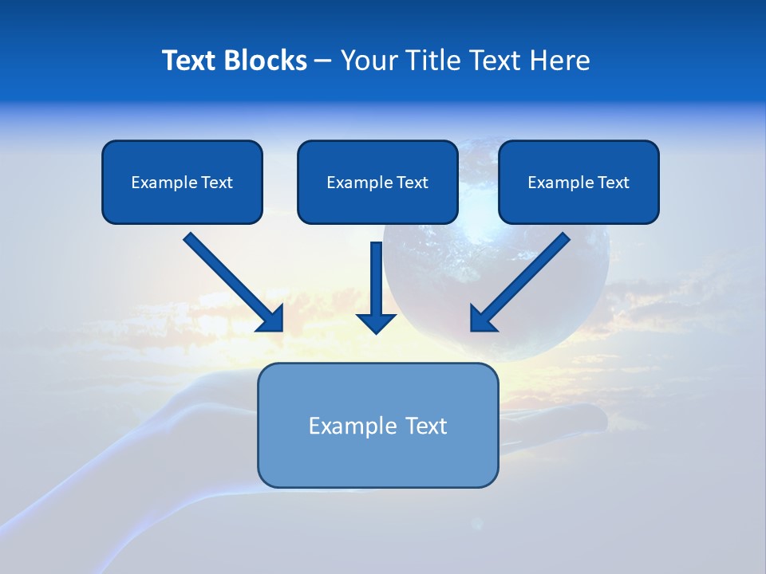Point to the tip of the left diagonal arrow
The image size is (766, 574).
tap(282, 330)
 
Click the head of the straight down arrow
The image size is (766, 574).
tap(376, 323)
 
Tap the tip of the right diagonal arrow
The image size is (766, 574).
tap(472, 329)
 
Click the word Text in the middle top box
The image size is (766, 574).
tap(413, 183)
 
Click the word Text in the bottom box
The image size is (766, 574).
tap(426, 426)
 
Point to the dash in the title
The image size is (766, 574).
tap(324, 61)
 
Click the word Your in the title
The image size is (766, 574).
tap(365, 61)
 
